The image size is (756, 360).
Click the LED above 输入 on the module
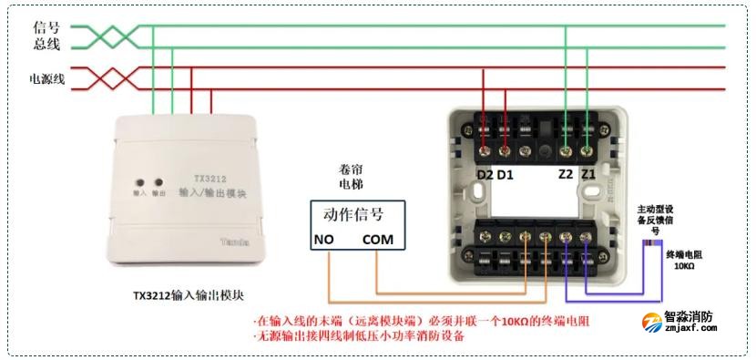click(x=139, y=181)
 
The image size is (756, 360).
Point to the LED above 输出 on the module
click(x=158, y=181)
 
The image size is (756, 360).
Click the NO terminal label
click(x=323, y=240)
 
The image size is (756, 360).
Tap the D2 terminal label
click(x=485, y=173)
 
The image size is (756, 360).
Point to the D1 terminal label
click(x=506, y=173)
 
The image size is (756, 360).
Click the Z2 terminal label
click(x=566, y=173)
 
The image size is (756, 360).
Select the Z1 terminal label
click(x=588, y=173)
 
